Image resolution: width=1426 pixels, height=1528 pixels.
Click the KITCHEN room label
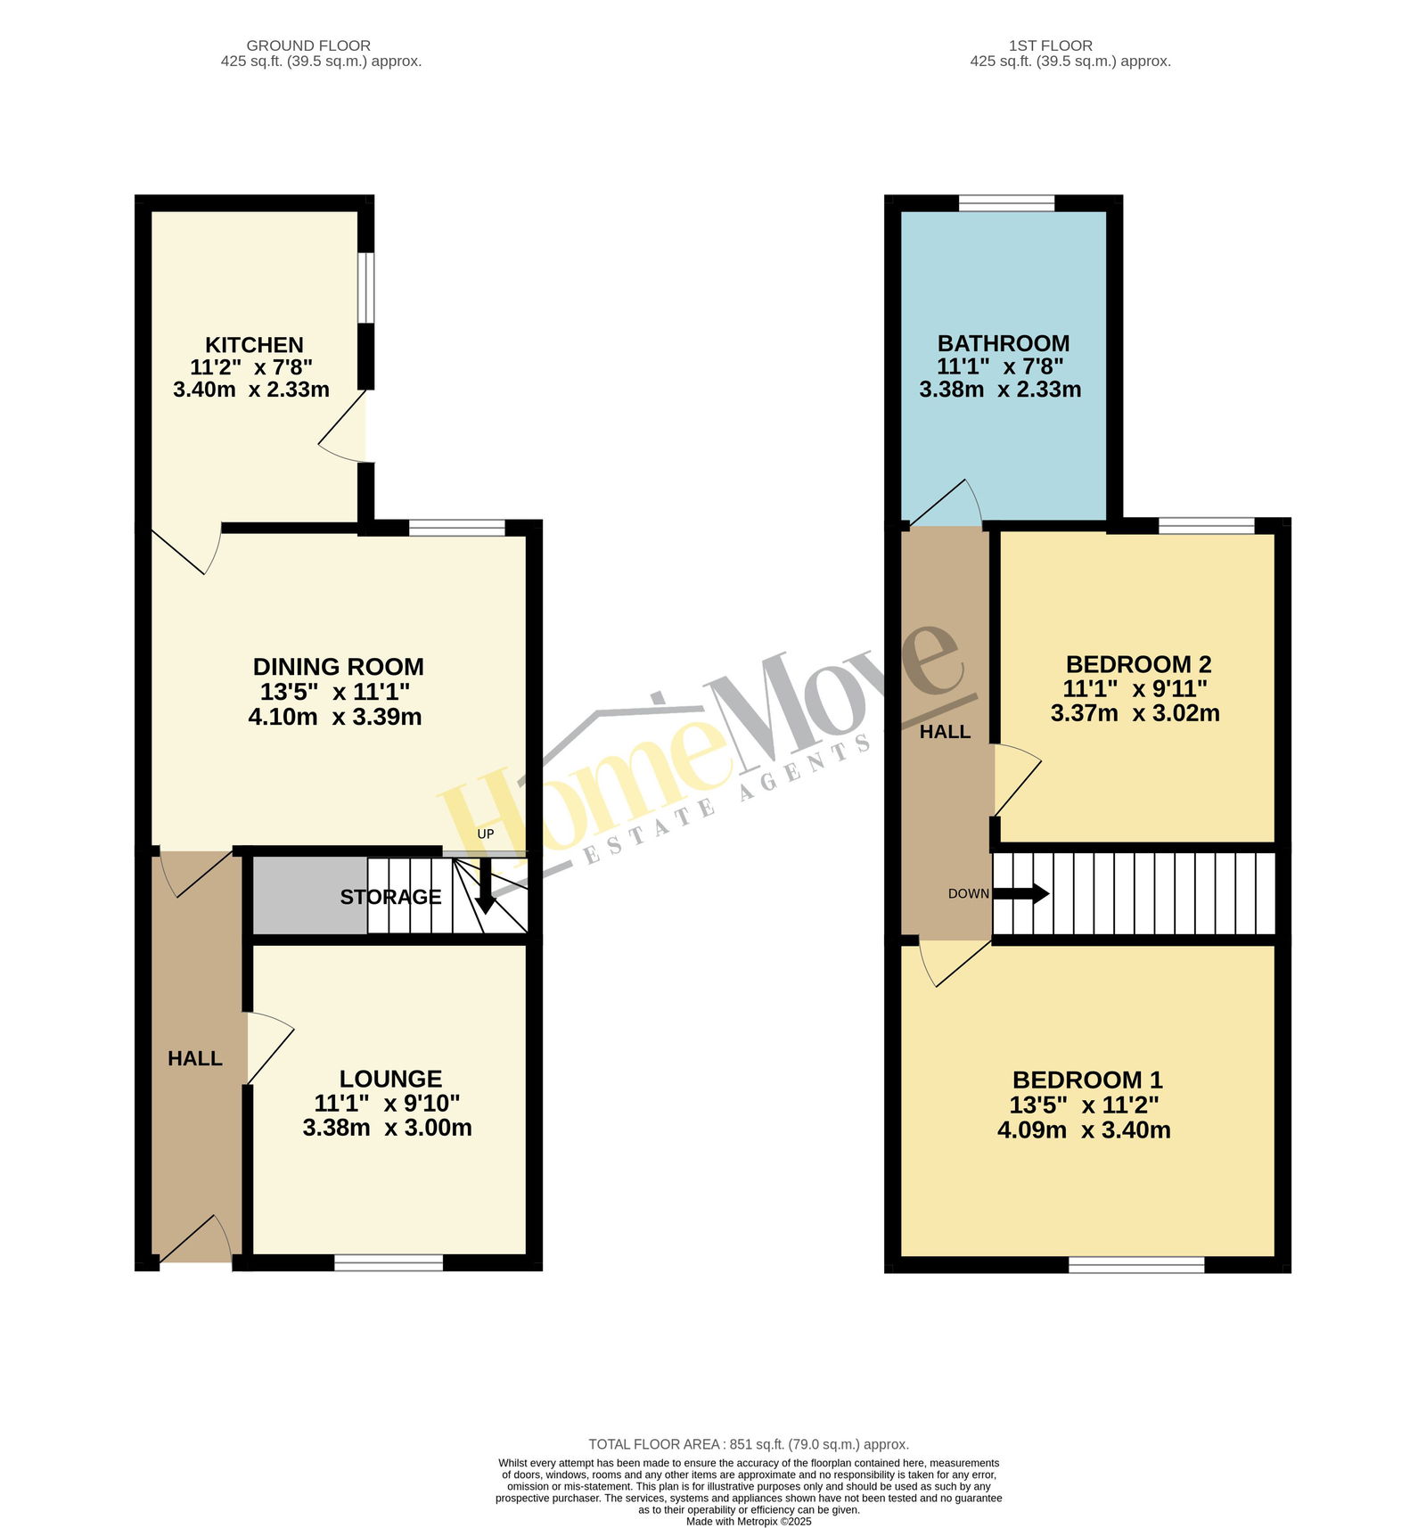[x=254, y=345]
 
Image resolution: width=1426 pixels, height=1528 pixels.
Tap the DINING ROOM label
[x=338, y=667]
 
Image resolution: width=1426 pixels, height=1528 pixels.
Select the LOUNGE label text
[x=390, y=1079]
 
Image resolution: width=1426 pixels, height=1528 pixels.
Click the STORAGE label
[x=390, y=897]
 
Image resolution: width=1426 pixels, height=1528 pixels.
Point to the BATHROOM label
[x=1004, y=343]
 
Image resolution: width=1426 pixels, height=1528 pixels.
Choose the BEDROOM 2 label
[x=1138, y=664]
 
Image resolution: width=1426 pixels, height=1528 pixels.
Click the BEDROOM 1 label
[x=1087, y=1080]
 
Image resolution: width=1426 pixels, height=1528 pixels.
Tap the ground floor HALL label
[x=195, y=1058]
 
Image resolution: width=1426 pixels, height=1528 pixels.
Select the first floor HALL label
[x=945, y=732]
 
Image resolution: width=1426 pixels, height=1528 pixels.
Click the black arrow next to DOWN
[x=1021, y=893]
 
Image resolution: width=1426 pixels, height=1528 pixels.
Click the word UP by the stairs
[x=486, y=834]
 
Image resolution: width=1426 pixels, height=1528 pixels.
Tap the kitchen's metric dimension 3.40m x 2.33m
[x=251, y=390]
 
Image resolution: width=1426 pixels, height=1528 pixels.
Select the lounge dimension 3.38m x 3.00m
[x=388, y=1128]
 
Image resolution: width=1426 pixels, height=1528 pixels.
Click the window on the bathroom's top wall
[x=1007, y=203]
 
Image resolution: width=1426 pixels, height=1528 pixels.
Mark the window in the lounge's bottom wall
[x=389, y=1262]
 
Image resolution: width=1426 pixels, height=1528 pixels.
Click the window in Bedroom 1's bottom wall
[x=1136, y=1264]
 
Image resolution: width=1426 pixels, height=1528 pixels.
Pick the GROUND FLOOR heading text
[x=308, y=45]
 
